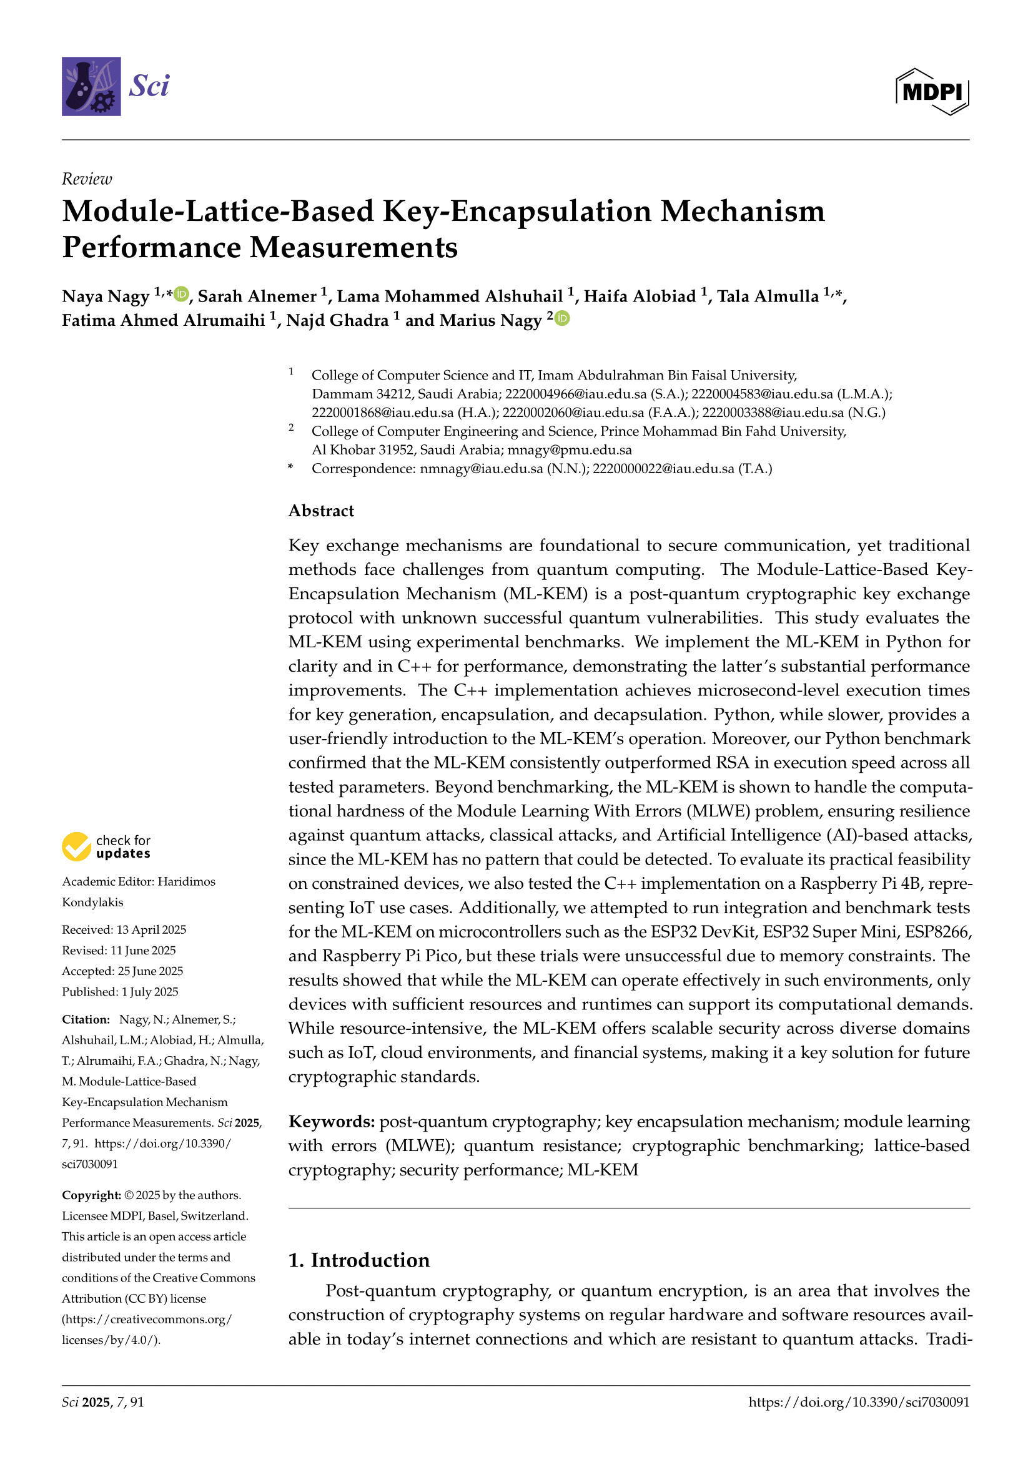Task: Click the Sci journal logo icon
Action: [91, 87]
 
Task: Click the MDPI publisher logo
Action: [932, 92]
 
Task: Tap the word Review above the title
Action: [87, 179]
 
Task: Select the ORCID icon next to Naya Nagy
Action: [181, 294]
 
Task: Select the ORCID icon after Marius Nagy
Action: [561, 318]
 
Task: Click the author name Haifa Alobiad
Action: [640, 296]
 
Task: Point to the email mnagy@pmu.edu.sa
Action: [570, 450]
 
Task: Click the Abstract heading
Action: [321, 511]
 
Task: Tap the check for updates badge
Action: [107, 846]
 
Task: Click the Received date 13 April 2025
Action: [151, 929]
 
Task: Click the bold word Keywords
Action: [332, 1121]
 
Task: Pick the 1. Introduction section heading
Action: [358, 1260]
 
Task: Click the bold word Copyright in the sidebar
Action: [91, 1195]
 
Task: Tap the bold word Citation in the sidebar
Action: [86, 1019]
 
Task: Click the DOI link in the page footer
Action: [859, 1402]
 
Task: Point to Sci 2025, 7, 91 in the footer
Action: [103, 1402]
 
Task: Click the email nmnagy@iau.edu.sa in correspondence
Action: [481, 469]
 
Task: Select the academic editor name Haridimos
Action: [186, 881]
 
